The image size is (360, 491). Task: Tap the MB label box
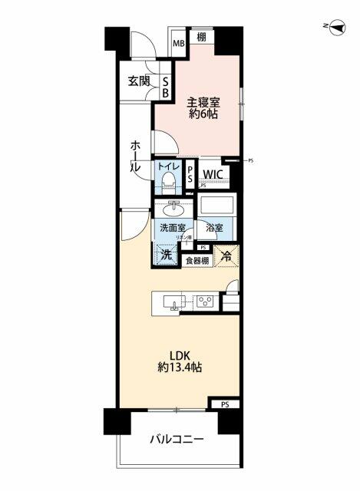pos(178,41)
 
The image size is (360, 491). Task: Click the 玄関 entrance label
pos(139,82)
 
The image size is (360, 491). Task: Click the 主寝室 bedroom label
pos(200,98)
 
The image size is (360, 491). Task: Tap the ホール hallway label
pos(135,153)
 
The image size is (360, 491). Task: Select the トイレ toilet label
pos(169,166)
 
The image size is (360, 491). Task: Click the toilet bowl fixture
pos(168,183)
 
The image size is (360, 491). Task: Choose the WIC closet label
pos(213,174)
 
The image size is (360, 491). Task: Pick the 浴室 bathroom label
pos(214,228)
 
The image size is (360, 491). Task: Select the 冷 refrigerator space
pos(227,257)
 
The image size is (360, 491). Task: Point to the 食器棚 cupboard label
pos(197,261)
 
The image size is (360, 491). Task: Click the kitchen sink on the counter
pos(177,303)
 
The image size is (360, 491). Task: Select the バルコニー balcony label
pos(177,440)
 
